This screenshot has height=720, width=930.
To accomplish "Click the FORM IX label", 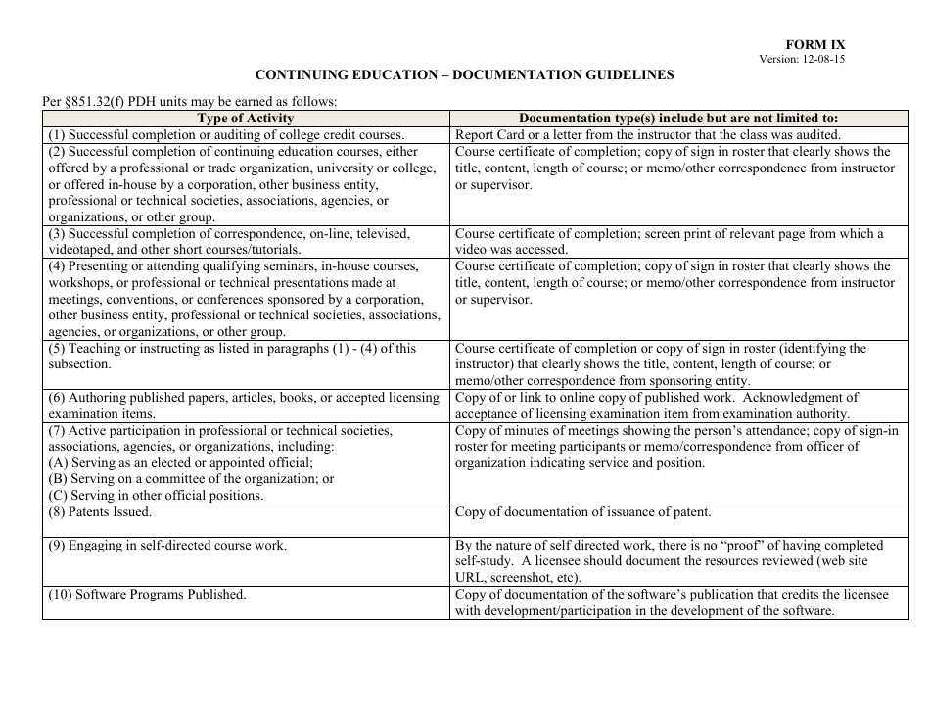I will pyautogui.click(x=814, y=45).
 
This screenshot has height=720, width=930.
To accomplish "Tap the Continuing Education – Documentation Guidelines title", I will pyautogui.click(x=464, y=74).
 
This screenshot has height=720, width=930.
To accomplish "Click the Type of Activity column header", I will pyautogui.click(x=245, y=119).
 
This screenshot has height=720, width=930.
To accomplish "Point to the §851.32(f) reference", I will pyautogui.click(x=103, y=101).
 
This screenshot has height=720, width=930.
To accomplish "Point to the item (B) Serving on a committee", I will pyautogui.click(x=191, y=479).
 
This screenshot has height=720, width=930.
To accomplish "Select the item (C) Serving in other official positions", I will pyautogui.click(x=156, y=496).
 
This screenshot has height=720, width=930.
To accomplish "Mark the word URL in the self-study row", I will pyautogui.click(x=473, y=578).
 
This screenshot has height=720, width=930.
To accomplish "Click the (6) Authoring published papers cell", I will pyautogui.click(x=244, y=406).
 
